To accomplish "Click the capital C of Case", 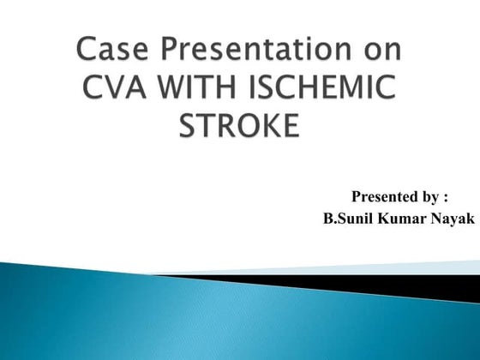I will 87,51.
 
